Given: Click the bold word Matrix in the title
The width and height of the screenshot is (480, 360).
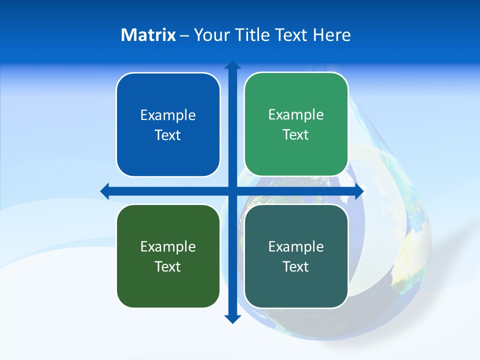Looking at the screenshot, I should click(x=148, y=35).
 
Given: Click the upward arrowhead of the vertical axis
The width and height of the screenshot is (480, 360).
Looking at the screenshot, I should click(x=232, y=65).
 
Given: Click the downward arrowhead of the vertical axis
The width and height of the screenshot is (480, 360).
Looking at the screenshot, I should click(x=232, y=318).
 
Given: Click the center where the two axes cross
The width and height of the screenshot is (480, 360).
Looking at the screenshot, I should click(x=232, y=191).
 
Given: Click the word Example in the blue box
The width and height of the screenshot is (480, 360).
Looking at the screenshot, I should click(x=168, y=115).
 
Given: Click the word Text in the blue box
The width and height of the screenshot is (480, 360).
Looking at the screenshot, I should click(x=168, y=135).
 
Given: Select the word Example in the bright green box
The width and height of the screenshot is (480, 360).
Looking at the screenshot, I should click(x=296, y=115).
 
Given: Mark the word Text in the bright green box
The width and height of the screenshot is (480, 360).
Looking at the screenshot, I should click(x=296, y=134).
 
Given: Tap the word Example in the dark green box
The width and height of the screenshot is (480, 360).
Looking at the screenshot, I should click(x=168, y=247).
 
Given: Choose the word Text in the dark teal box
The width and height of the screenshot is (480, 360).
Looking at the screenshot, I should click(x=296, y=266).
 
